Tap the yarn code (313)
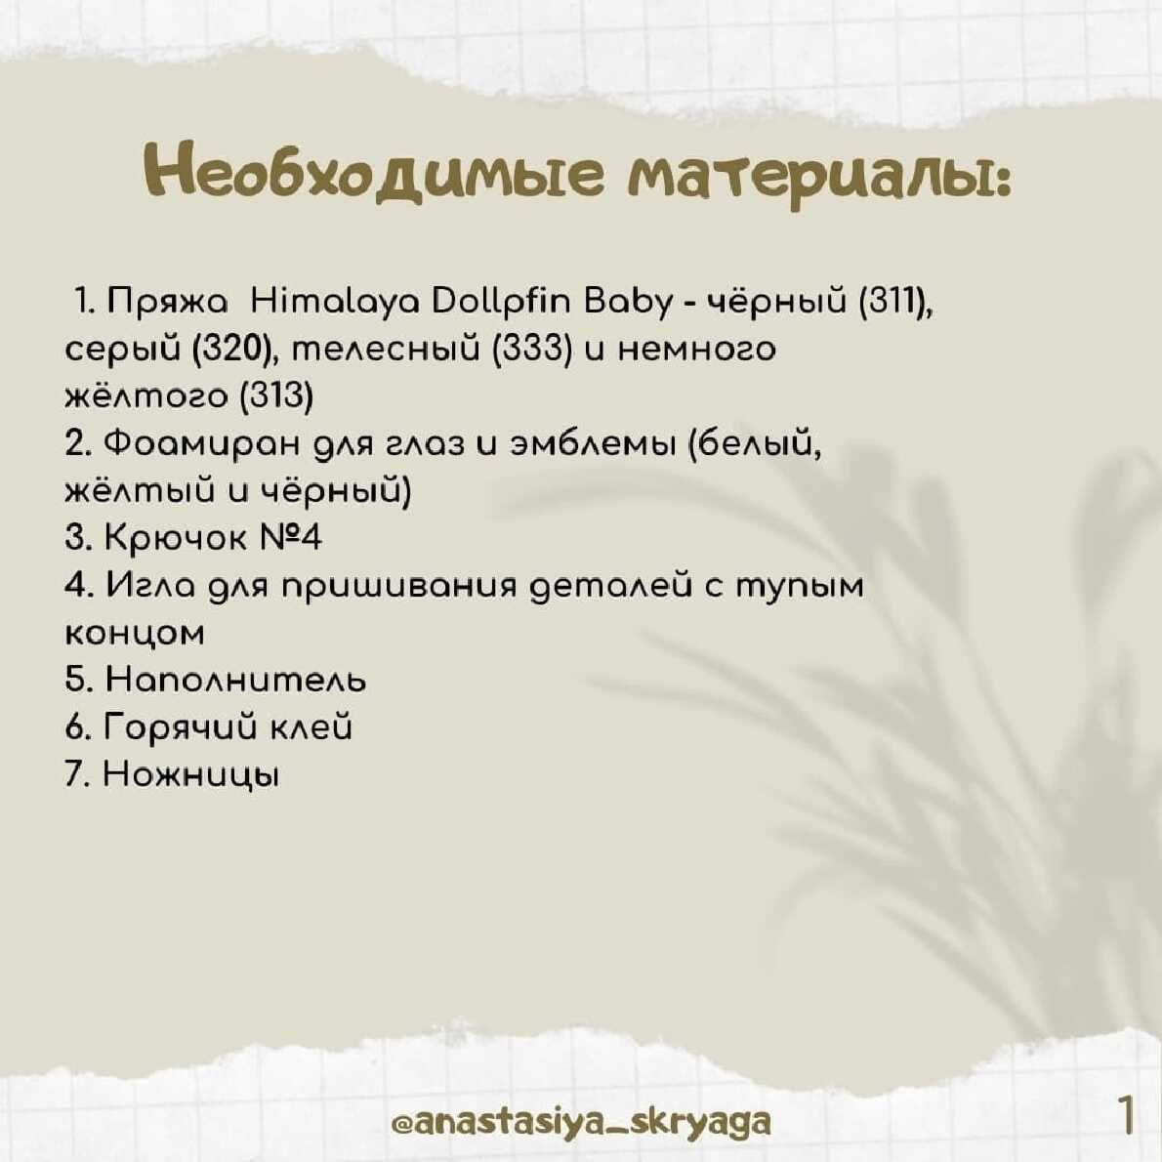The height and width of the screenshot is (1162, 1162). (278, 396)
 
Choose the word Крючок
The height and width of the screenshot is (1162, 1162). (175, 538)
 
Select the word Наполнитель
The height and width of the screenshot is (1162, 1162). (235, 680)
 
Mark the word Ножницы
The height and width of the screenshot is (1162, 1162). (192, 775)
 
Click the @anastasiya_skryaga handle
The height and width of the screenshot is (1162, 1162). (581, 1121)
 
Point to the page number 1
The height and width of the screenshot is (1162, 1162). (1125, 1114)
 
